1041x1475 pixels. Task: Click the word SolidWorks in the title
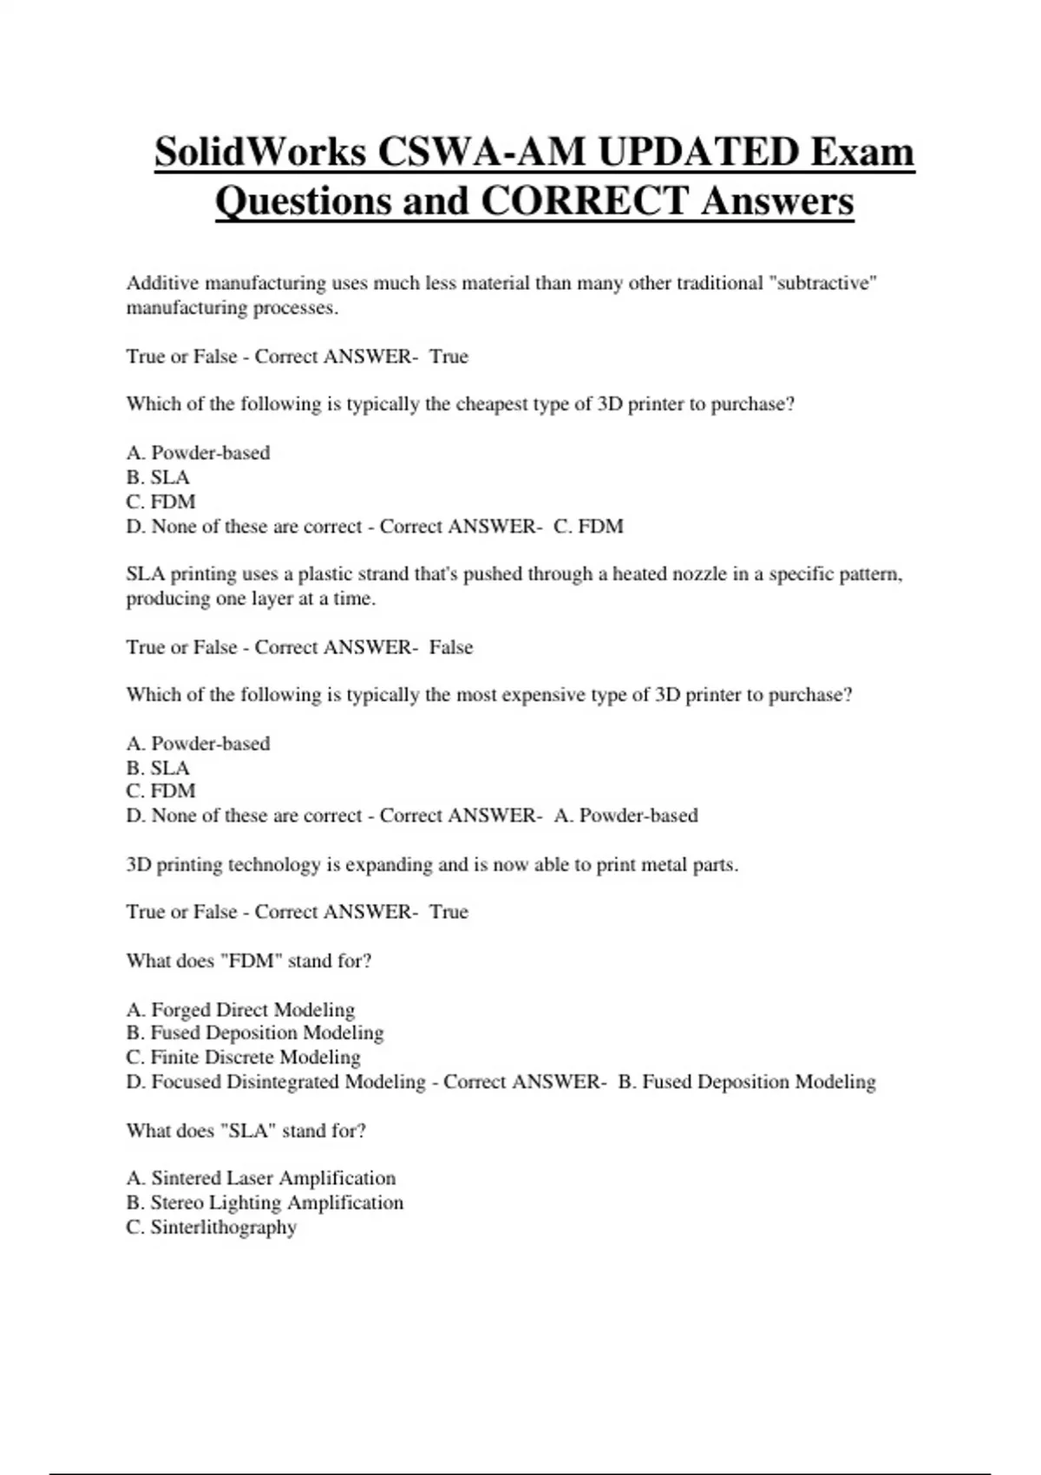point(260,153)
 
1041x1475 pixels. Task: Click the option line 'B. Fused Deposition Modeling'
point(255,1032)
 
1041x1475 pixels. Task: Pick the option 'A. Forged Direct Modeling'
point(240,1009)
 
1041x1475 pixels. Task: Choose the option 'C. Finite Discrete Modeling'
point(243,1057)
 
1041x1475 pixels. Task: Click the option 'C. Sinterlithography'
point(212,1227)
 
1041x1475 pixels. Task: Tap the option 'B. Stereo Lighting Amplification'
point(265,1203)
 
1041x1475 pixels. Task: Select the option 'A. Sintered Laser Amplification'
point(260,1178)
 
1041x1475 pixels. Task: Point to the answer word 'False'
point(451,647)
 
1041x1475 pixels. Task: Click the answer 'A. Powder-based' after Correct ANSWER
point(625,816)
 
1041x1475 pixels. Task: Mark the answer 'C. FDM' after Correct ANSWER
point(588,527)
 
